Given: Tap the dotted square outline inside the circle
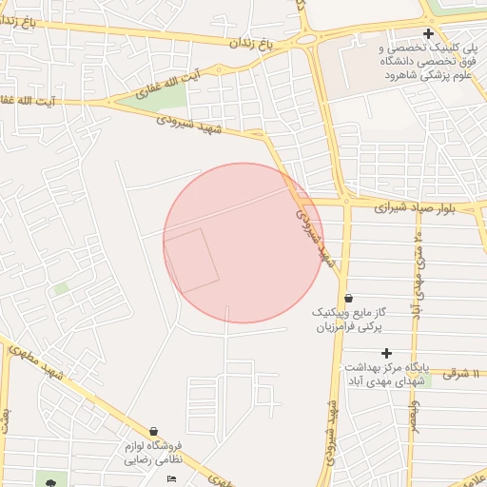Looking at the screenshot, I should click(191, 261).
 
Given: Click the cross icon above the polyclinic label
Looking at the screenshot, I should click(428, 34).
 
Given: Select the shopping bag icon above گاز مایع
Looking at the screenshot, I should click(348, 297).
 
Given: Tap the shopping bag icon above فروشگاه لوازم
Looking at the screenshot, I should click(154, 431).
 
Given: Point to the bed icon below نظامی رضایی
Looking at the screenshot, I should click(171, 477).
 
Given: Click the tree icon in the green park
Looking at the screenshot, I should click(49, 484).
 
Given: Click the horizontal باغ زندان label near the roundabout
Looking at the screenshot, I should click(250, 44).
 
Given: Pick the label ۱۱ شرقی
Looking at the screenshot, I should click(463, 374).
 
